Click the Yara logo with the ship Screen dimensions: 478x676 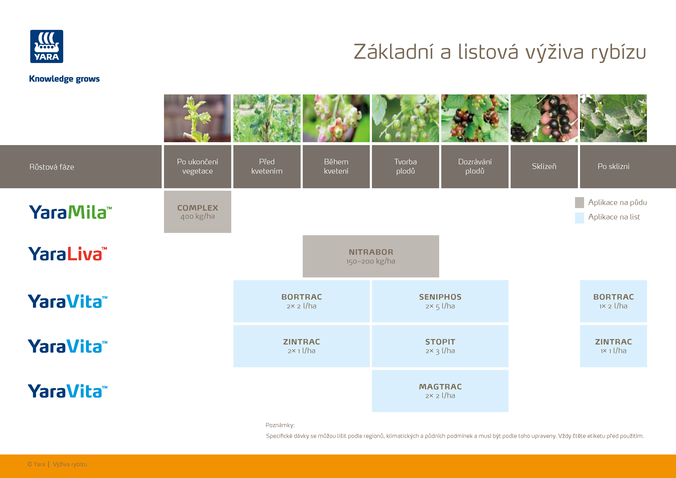tap(46, 46)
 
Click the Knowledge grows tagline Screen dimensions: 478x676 tap(64, 79)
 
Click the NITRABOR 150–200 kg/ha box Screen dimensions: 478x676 tap(371, 256)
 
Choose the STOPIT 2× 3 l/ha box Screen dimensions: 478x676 tap(440, 346)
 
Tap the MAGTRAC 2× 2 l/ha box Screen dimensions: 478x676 tap(440, 391)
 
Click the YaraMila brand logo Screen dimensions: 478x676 tap(70, 212)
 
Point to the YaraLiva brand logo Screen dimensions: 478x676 tap(68, 254)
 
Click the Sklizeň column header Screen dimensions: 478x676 tap(544, 166)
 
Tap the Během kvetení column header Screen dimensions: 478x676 tap(336, 166)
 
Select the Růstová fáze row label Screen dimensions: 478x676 tap(52, 167)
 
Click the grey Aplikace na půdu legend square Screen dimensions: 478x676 tap(579, 202)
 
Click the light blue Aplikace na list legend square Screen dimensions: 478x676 tap(579, 218)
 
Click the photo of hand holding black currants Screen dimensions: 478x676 tap(544, 118)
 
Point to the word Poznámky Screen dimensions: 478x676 tap(280, 425)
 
